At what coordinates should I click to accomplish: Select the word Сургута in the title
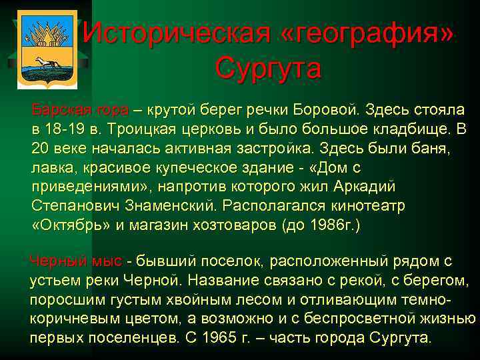[x=269, y=68]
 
